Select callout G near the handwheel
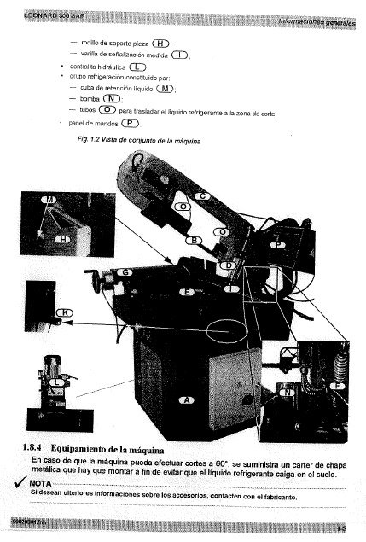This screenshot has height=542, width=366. tap(125, 271)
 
